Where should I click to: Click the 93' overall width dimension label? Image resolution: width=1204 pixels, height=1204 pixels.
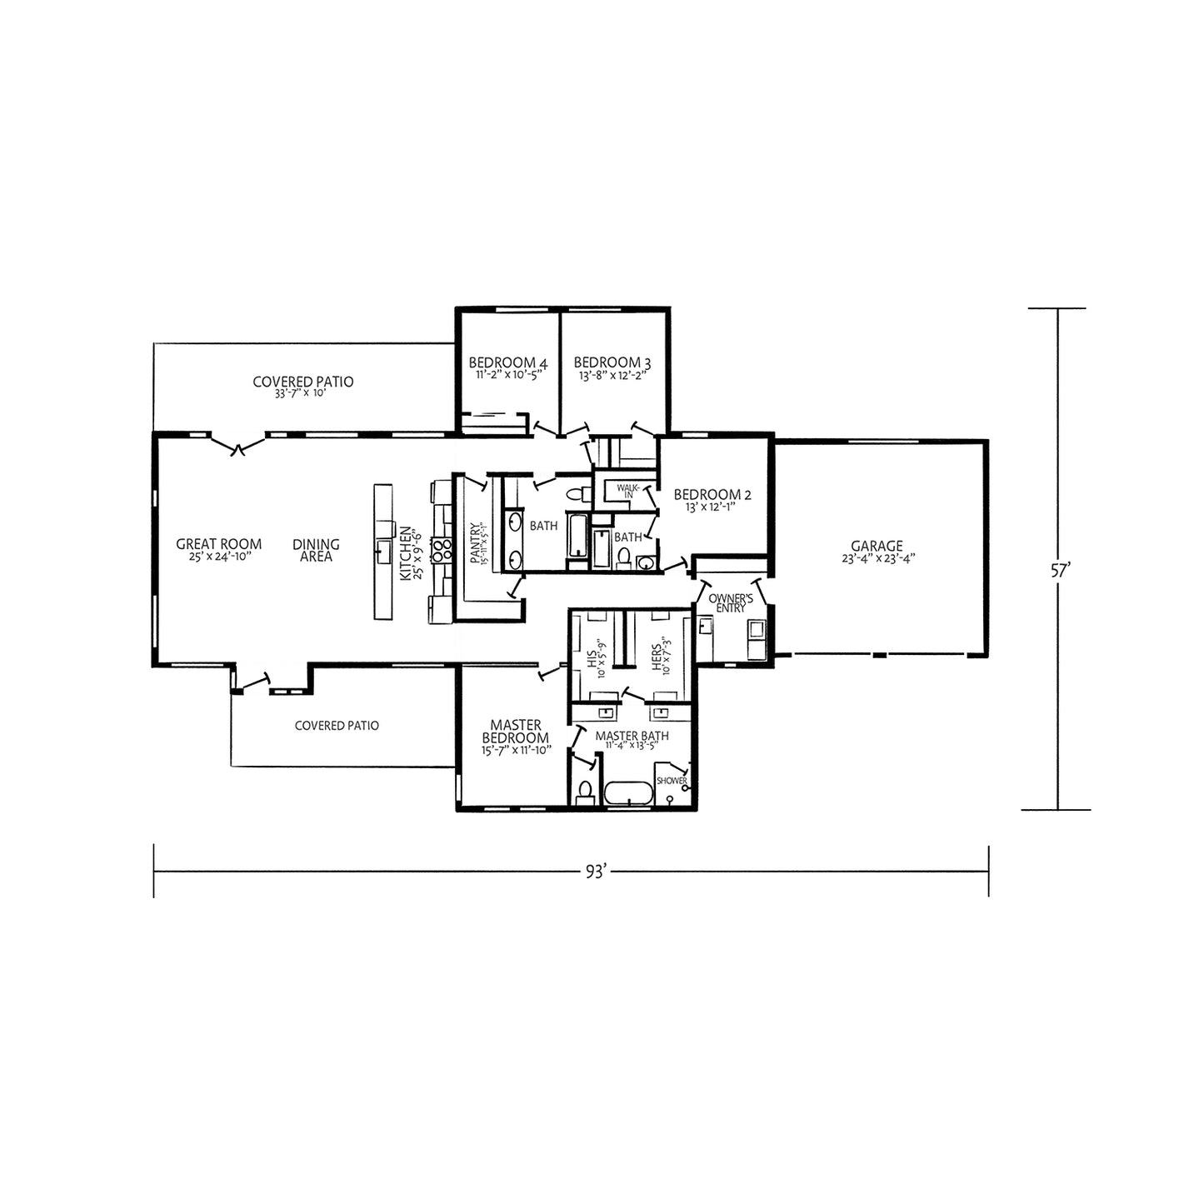tap(596, 872)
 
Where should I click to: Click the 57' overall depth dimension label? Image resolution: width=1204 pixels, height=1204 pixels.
tap(1057, 571)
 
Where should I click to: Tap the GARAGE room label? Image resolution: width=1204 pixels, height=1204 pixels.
tap(877, 546)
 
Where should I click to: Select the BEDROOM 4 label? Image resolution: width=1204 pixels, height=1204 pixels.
tap(508, 362)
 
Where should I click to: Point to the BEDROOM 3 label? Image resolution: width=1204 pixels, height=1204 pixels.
tap(612, 362)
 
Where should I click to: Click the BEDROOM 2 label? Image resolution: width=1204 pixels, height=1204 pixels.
tap(712, 495)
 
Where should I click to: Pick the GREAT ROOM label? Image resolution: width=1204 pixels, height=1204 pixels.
tap(218, 544)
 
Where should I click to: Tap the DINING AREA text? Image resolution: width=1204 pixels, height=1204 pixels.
tap(316, 551)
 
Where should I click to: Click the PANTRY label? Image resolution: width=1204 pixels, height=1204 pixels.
tap(475, 543)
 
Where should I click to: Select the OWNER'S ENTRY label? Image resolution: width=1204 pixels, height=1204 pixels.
tap(731, 603)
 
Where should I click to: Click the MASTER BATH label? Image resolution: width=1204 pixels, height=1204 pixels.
tap(632, 736)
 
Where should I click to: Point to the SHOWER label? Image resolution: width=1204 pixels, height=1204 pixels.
tap(672, 781)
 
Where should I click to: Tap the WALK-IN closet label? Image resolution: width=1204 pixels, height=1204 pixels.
tap(628, 491)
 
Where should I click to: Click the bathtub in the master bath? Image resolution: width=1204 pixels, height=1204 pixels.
tap(628, 793)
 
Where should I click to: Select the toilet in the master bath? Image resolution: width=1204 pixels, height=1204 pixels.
tap(585, 792)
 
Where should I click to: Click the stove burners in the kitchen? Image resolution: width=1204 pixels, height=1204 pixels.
tap(442, 551)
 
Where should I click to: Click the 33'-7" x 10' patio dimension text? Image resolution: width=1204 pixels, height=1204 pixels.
tap(300, 394)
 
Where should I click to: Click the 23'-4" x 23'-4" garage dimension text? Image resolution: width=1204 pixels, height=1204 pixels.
tap(877, 559)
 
